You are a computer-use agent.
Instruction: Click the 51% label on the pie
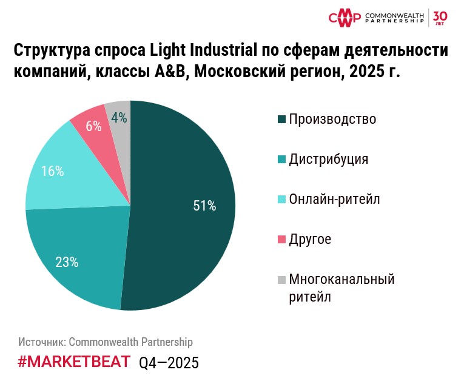(204, 206)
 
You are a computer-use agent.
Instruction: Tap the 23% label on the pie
(67, 262)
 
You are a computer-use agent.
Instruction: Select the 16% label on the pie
(52, 171)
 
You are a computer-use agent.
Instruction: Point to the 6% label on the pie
(93, 126)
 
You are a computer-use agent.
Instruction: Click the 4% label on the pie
(119, 118)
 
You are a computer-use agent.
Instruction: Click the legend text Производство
(332, 119)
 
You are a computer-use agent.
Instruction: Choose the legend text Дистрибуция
(329, 159)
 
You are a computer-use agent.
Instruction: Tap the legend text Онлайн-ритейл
(334, 199)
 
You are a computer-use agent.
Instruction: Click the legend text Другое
(310, 239)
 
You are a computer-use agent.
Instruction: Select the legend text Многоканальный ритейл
(342, 288)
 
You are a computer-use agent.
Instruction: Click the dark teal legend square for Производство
(281, 120)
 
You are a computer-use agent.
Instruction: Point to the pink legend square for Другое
(281, 240)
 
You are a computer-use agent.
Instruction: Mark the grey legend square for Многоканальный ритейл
(281, 280)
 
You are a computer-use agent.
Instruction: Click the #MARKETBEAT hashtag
(73, 362)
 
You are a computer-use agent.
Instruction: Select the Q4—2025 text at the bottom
(169, 363)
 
